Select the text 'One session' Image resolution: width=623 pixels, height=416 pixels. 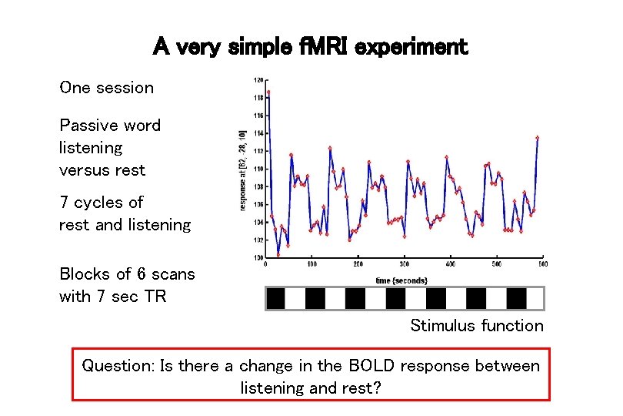pos(106,88)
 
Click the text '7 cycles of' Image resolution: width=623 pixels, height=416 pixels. pos(102,203)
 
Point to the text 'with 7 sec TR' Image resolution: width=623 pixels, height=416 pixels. pos(112,297)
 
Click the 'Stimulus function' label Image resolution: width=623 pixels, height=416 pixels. pos(476,325)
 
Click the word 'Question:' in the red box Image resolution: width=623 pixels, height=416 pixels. pos(118,366)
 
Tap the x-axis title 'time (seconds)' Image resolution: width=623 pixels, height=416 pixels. pos(401,280)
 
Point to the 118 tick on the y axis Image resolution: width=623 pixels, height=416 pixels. pos(258,98)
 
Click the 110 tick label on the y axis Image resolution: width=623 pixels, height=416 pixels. pos(258,169)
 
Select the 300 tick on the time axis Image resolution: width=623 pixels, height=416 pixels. pos(405,264)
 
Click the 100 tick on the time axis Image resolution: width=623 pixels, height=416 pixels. pos(311,264)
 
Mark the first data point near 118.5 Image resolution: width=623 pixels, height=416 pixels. pos(268,92)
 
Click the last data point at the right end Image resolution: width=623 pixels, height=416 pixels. pos(537,138)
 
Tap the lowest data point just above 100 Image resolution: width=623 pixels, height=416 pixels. pos(278,254)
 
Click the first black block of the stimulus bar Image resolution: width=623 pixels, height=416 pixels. pos(275,298)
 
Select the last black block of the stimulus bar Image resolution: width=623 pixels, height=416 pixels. pos(516,298)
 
